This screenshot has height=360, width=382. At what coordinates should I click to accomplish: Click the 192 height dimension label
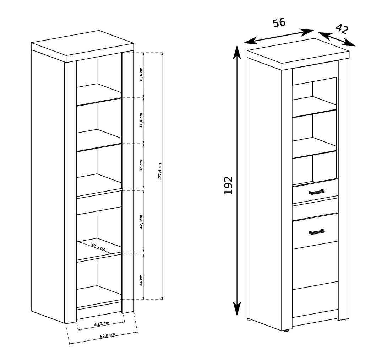pos(228,185)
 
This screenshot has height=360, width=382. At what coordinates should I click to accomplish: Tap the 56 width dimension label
pos(279,23)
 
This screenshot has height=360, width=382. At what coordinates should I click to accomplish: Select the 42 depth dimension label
pos(342,29)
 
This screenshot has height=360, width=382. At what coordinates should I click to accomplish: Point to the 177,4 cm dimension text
pos(160,171)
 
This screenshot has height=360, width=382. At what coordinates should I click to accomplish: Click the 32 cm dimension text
pos(141,166)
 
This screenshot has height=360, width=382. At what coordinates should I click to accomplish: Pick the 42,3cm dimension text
pos(141,221)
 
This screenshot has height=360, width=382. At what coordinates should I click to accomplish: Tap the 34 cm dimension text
pos(141,280)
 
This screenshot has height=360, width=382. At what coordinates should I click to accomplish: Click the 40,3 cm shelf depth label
pos(98,247)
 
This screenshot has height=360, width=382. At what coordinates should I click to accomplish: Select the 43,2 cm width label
pos(102,324)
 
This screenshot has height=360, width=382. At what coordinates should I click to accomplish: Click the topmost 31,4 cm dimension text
pos(141,75)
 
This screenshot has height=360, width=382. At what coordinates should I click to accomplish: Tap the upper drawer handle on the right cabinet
pos(316,192)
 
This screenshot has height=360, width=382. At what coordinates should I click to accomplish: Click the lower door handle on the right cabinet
pos(316,232)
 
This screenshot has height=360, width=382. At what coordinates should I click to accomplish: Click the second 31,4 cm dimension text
pos(141,120)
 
